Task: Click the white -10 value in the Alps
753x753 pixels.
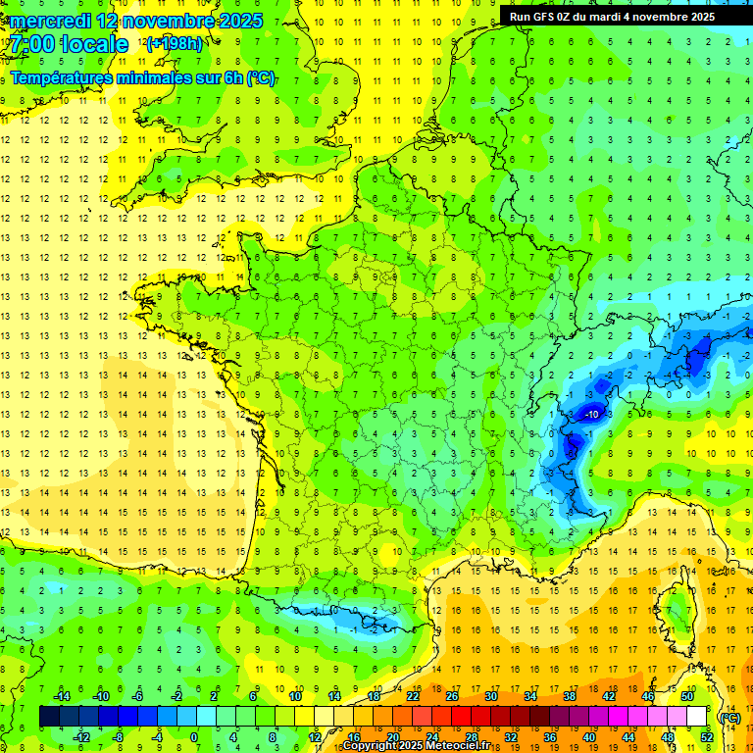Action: (x=591, y=415)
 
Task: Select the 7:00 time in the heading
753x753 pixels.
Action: (x=34, y=44)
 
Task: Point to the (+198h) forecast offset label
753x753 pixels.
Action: (x=175, y=44)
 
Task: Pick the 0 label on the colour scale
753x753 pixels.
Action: (x=194, y=737)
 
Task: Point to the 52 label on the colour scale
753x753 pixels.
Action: (x=706, y=737)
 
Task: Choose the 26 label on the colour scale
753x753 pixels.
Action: (x=451, y=695)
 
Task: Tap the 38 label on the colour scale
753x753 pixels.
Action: (x=569, y=695)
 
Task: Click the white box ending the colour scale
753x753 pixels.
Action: (x=696, y=716)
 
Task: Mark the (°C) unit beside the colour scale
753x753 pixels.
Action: (x=729, y=718)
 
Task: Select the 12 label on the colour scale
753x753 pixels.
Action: (x=314, y=737)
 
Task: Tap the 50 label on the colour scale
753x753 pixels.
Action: (x=687, y=695)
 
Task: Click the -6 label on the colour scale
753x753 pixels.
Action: (x=137, y=695)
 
